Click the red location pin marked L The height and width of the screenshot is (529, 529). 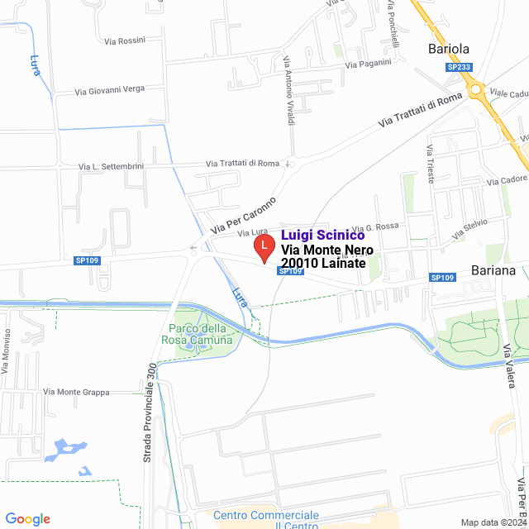(263, 247)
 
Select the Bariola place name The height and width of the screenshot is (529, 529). (448, 49)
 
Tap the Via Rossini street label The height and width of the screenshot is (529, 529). (125, 41)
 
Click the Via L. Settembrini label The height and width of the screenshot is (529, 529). (111, 166)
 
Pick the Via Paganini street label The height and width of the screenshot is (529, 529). (366, 64)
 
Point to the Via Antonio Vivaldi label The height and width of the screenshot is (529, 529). (288, 91)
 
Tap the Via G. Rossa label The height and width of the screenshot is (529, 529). (381, 226)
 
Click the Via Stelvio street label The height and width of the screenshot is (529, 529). (469, 229)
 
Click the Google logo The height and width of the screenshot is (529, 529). (27, 518)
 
